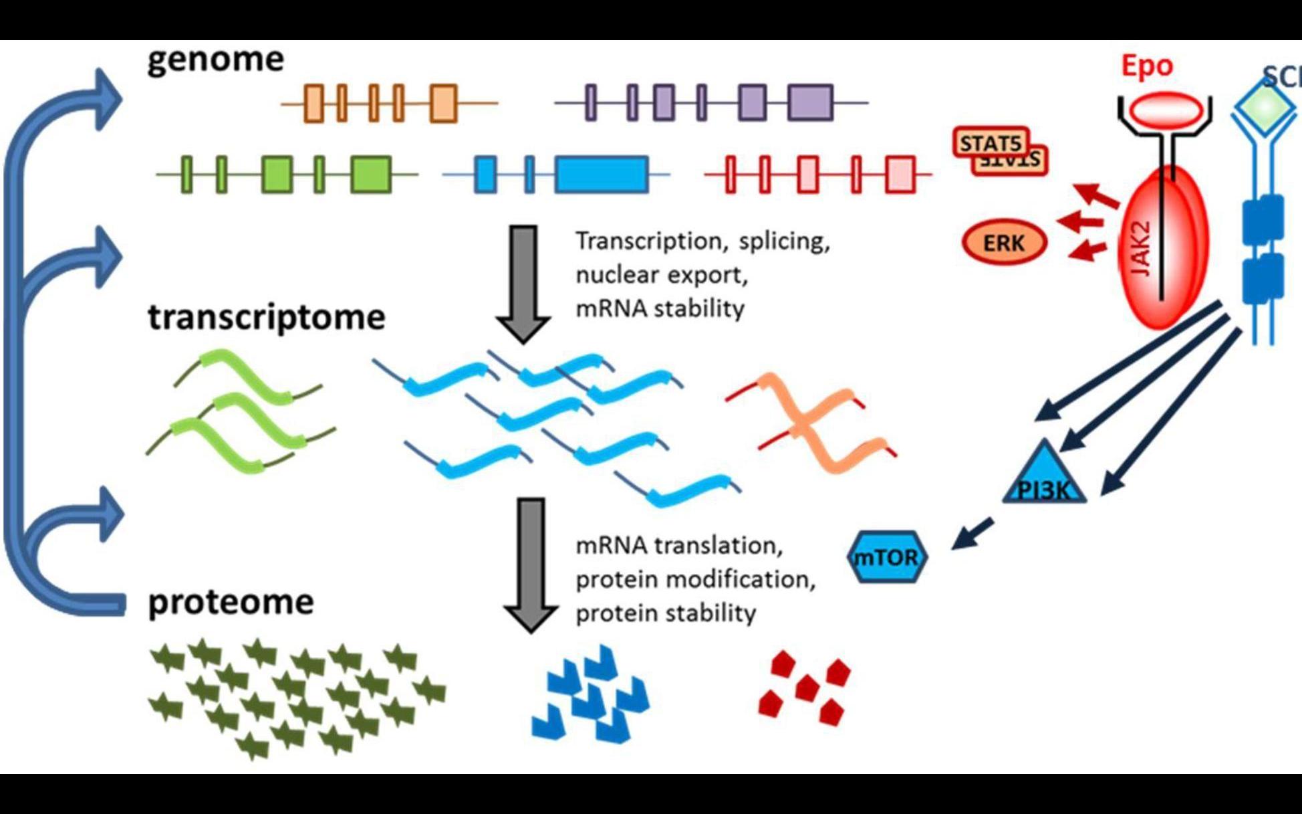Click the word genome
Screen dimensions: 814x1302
[215, 60]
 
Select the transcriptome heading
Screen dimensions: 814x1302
[266, 317]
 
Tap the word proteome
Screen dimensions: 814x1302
[231, 602]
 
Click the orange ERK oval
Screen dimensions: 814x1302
[1003, 243]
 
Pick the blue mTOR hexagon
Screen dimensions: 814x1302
[887, 557]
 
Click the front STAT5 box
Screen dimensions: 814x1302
[991, 142]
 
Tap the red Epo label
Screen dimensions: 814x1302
[1147, 66]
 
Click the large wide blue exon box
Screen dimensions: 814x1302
[602, 175]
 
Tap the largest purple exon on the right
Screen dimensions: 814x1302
[810, 102]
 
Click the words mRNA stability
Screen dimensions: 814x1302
[660, 309]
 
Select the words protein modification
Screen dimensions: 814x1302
[695, 579]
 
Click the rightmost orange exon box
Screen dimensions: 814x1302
[443, 103]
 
